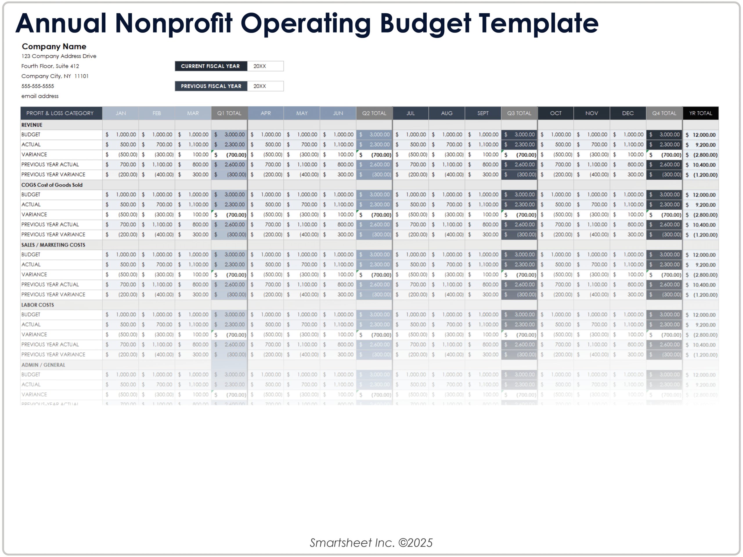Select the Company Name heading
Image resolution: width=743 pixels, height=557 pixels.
pyautogui.click(x=54, y=46)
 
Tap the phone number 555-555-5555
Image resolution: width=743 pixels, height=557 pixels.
pyautogui.click(x=38, y=86)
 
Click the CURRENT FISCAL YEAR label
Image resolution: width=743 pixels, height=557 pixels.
pyautogui.click(x=211, y=66)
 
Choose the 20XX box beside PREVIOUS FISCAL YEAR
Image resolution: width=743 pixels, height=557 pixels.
pyautogui.click(x=265, y=86)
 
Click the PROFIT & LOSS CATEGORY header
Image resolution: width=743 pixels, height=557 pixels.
pyautogui.click(x=60, y=113)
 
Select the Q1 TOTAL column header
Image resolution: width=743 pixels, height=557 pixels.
pyautogui.click(x=229, y=113)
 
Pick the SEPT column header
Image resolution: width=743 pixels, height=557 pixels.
pyautogui.click(x=483, y=113)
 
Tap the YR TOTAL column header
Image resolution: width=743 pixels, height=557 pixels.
pyautogui.click(x=700, y=113)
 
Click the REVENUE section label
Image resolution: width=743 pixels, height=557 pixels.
pyautogui.click(x=32, y=125)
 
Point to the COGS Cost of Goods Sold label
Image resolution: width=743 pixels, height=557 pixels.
pyautogui.click(x=52, y=185)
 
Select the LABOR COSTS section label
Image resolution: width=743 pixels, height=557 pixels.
pyautogui.click(x=38, y=305)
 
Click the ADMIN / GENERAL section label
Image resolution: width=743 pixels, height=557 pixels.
pyautogui.click(x=43, y=365)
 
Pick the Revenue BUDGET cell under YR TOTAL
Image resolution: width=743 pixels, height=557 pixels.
pyautogui.click(x=700, y=135)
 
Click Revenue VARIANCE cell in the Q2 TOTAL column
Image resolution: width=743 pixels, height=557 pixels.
pyautogui.click(x=374, y=155)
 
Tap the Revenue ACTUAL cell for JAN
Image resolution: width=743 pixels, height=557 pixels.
pyautogui.click(x=120, y=145)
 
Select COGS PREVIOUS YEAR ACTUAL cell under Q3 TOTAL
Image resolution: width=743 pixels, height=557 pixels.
pyautogui.click(x=519, y=224)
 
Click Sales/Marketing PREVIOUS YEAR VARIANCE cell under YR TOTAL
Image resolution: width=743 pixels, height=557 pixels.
pyautogui.click(x=700, y=295)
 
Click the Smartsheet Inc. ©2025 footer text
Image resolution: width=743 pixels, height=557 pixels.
pyautogui.click(x=371, y=542)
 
